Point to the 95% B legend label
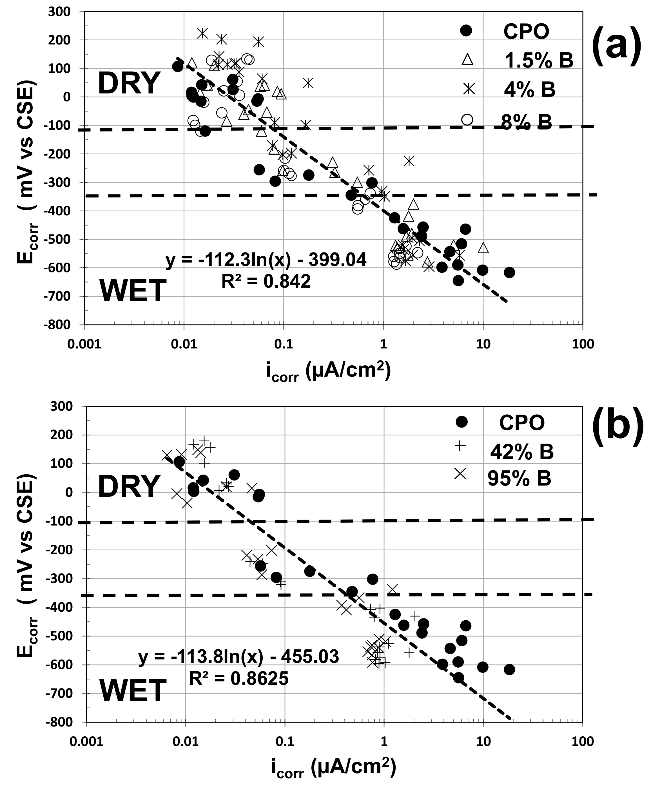click(x=520, y=478)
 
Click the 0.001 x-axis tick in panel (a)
click(x=84, y=344)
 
